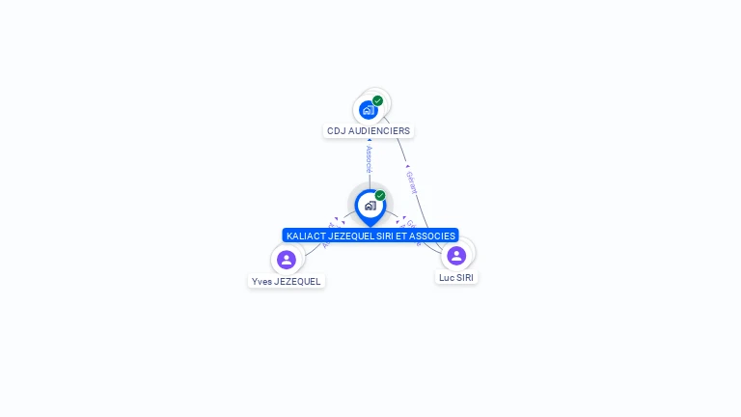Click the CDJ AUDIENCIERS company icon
pos(368,109)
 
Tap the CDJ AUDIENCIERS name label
pos(369,131)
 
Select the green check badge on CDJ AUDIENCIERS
pos(377,100)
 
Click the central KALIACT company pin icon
pos(370,205)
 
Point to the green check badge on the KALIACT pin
pos(380,196)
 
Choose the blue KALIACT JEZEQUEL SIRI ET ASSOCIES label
pos(370,236)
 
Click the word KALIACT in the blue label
pos(306,236)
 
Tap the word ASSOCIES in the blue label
pos(433,236)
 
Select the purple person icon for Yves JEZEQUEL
pos(287,259)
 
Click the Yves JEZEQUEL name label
pos(287,282)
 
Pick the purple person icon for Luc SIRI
pos(456,256)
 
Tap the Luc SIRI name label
pos(456,278)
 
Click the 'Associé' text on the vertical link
pos(369,160)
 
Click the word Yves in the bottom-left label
pos(261,282)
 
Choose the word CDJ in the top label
pos(336,131)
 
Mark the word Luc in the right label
pos(447,278)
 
